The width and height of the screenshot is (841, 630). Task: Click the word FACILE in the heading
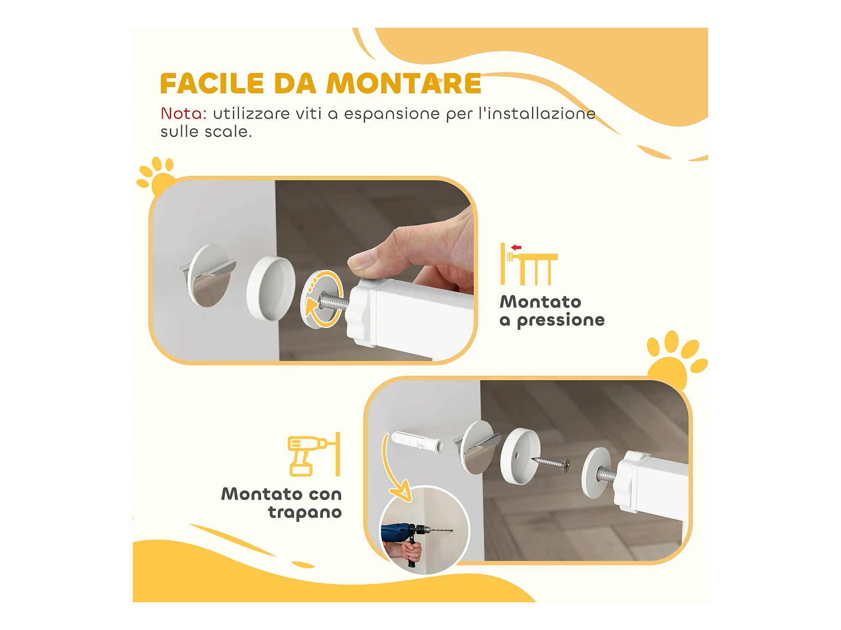[212, 84]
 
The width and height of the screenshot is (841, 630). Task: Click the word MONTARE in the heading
[404, 84]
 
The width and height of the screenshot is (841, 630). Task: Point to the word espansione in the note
[392, 114]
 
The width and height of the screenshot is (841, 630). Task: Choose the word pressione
[561, 320]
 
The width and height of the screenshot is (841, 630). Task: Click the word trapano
[305, 512]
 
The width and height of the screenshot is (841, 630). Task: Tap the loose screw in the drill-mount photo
[551, 463]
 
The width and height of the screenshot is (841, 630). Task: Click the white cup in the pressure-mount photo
[271, 289]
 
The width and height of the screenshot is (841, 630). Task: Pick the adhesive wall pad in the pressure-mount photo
[208, 276]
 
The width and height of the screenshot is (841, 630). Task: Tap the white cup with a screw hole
[521, 456]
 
